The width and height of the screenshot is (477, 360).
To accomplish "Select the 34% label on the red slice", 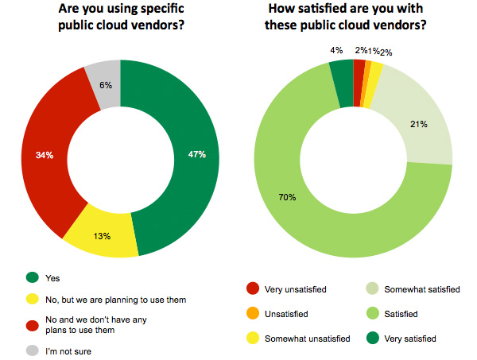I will point(44,155).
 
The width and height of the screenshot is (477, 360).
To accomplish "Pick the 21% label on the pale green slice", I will point(419,124).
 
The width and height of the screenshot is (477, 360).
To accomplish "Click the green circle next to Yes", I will point(32,277).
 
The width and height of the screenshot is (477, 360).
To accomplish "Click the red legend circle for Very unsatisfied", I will point(252,289).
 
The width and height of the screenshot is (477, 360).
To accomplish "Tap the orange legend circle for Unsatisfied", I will point(252,314).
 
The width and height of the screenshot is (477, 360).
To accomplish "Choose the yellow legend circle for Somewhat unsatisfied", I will point(252,339).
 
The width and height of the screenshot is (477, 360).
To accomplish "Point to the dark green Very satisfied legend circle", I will point(372,339).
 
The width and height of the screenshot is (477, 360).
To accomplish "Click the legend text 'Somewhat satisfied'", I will point(422,289).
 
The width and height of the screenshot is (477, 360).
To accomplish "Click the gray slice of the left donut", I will point(103,75).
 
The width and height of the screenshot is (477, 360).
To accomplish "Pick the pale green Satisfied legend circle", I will point(372,314).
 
